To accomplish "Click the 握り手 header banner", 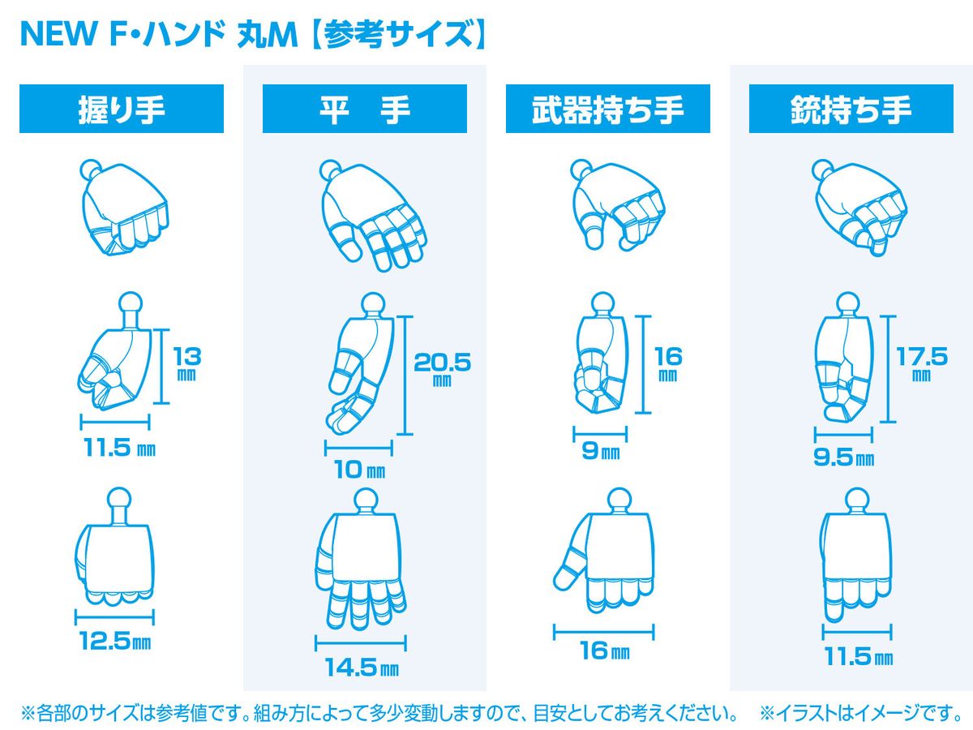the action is click(x=121, y=109).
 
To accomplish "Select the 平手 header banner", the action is click(x=364, y=109).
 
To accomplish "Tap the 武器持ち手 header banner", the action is click(x=608, y=109).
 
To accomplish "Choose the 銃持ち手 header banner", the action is click(x=851, y=109).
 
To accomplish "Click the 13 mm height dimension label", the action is click(x=187, y=364).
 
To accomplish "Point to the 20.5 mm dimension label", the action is click(x=442, y=369).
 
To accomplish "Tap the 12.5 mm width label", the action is click(x=115, y=641).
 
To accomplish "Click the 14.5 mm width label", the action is click(x=362, y=668).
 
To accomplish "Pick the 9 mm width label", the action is click(x=601, y=451).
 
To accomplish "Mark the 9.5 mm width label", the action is click(x=843, y=457).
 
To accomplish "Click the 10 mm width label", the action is click(x=360, y=470).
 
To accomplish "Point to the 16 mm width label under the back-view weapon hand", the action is click(x=605, y=651).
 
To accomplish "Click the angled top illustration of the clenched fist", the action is click(x=125, y=208).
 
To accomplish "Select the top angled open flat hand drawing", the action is click(x=373, y=216).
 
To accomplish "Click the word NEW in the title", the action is click(x=59, y=34).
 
